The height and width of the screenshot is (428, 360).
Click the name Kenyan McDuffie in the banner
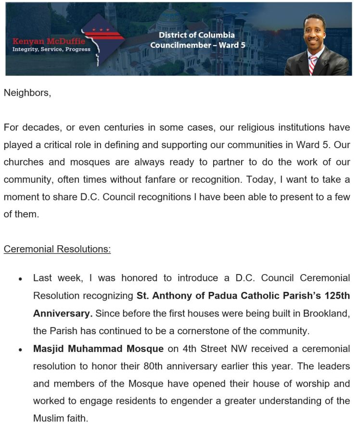click(x=49, y=41)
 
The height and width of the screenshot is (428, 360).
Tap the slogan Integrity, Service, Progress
click(x=51, y=50)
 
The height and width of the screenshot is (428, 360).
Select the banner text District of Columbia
click(x=197, y=36)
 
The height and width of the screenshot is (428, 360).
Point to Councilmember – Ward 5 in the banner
click(x=198, y=45)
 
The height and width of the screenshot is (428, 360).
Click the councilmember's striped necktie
click(x=313, y=64)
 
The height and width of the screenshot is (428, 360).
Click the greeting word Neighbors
click(x=26, y=93)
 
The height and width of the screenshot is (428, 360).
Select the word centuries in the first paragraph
click(x=123, y=127)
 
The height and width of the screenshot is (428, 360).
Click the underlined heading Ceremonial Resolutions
click(x=57, y=249)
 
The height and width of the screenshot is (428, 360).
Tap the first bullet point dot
click(x=20, y=279)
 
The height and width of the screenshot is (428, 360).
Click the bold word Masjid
click(x=49, y=349)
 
